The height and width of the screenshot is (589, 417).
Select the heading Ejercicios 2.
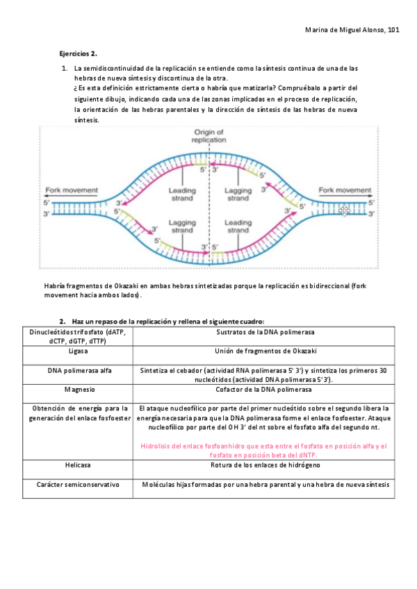pos(78,53)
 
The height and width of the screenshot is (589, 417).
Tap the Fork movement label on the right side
pos(345,190)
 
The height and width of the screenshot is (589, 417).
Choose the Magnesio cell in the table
pos(78,390)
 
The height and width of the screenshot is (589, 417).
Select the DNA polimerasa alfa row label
pos(79,370)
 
